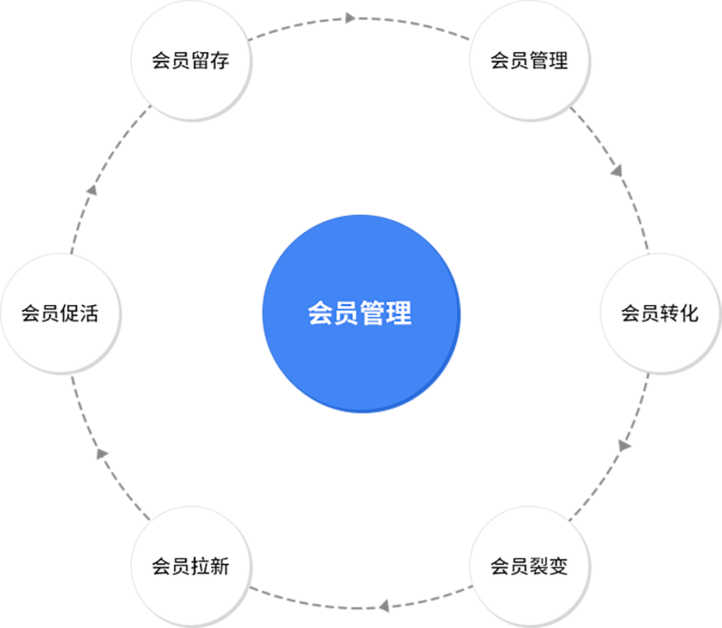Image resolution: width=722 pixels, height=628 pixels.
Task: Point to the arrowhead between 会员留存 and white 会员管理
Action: (x=350, y=19)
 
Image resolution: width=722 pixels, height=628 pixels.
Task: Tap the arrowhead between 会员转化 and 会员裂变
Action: (x=624, y=445)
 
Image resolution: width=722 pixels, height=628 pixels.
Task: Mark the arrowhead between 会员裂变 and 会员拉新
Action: (x=384, y=606)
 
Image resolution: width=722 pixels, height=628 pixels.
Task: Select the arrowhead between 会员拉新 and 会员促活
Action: (x=102, y=454)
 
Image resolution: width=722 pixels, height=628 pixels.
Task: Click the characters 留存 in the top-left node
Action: (x=210, y=61)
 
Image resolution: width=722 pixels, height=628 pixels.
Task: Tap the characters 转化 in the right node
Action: (x=679, y=313)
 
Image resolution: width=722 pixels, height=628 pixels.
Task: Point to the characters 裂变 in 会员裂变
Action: (x=549, y=566)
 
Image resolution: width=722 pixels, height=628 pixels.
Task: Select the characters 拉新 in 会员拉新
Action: (x=210, y=566)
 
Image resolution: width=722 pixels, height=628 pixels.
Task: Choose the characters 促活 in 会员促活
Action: (x=79, y=313)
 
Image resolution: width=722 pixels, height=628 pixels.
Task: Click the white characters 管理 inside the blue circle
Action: (x=386, y=313)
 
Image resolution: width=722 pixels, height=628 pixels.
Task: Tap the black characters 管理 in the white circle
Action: (x=549, y=61)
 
